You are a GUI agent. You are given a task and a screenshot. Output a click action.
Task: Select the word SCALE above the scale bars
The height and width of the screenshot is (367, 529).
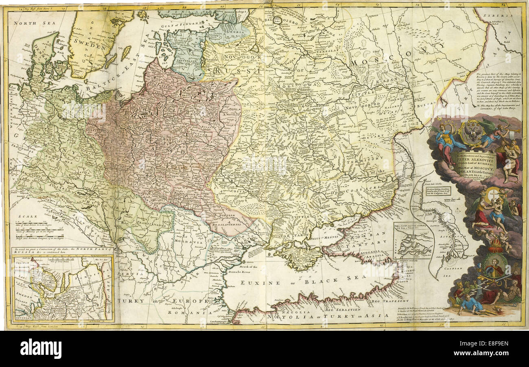point(26,217)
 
